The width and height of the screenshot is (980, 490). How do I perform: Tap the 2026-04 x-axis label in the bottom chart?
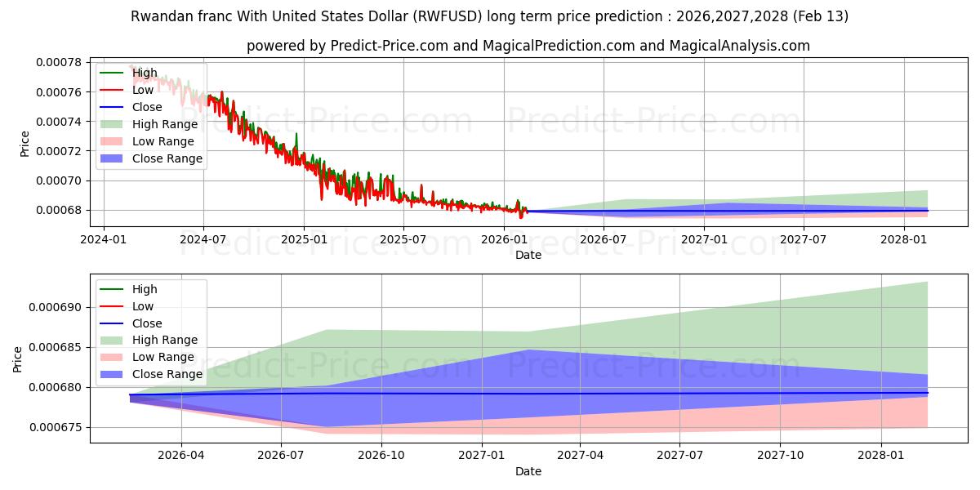coord(180,455)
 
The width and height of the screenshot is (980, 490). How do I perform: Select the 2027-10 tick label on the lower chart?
coord(781,455)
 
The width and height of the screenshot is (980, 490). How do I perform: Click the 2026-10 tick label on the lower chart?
coord(381,455)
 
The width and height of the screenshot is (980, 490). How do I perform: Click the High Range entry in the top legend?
coord(164,124)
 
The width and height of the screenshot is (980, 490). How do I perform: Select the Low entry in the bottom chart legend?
coord(143,306)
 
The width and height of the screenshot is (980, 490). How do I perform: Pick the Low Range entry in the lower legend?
coord(163,357)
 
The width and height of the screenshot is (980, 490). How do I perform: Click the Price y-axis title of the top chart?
coord(24,143)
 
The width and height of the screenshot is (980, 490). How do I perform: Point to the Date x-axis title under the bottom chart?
coord(528,471)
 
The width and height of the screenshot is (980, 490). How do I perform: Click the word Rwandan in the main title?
coord(158,16)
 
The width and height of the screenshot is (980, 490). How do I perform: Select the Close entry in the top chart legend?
coord(147,107)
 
